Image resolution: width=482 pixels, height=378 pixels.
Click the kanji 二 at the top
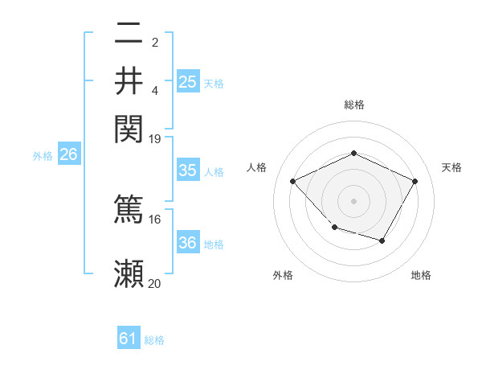coord(129,35)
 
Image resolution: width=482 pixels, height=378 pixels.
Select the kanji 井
coord(129,81)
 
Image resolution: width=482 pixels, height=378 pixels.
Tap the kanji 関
coord(129,127)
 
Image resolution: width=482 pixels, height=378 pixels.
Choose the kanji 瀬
coord(129,273)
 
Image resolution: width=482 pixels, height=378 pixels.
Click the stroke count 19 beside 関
coord(154,138)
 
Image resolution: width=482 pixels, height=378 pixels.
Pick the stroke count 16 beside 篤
coord(154,219)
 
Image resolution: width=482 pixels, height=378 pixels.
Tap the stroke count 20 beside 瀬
coord(154,283)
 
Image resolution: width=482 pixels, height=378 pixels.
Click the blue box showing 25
coord(187,81)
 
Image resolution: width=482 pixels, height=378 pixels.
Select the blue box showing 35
coord(187,171)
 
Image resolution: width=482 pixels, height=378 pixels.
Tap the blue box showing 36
coord(187,243)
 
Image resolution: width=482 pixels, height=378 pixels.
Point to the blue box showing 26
coord(68,155)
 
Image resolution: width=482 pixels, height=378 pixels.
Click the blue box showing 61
coord(129,339)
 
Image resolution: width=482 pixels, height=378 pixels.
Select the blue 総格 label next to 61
coord(154,340)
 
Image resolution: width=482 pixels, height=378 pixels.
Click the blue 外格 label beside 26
coord(43,157)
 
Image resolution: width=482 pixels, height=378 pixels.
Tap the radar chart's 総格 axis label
coord(353,105)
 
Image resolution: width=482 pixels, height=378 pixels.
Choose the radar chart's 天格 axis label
coord(451,167)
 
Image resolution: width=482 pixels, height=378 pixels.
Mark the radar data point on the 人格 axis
coord(293,182)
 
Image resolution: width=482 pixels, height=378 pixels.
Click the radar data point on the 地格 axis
coord(382,240)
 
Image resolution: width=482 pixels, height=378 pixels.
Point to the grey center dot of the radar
coord(353,200)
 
